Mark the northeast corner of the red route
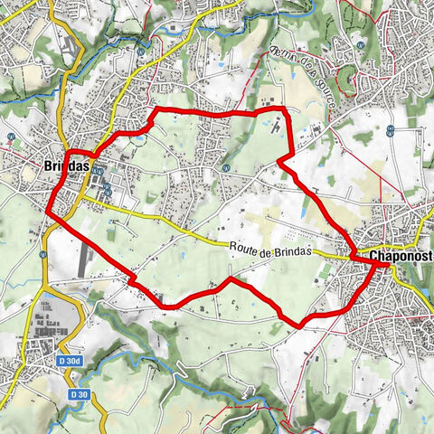284,109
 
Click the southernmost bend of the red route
298,324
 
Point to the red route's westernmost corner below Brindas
48,213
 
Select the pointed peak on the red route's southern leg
230,280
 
